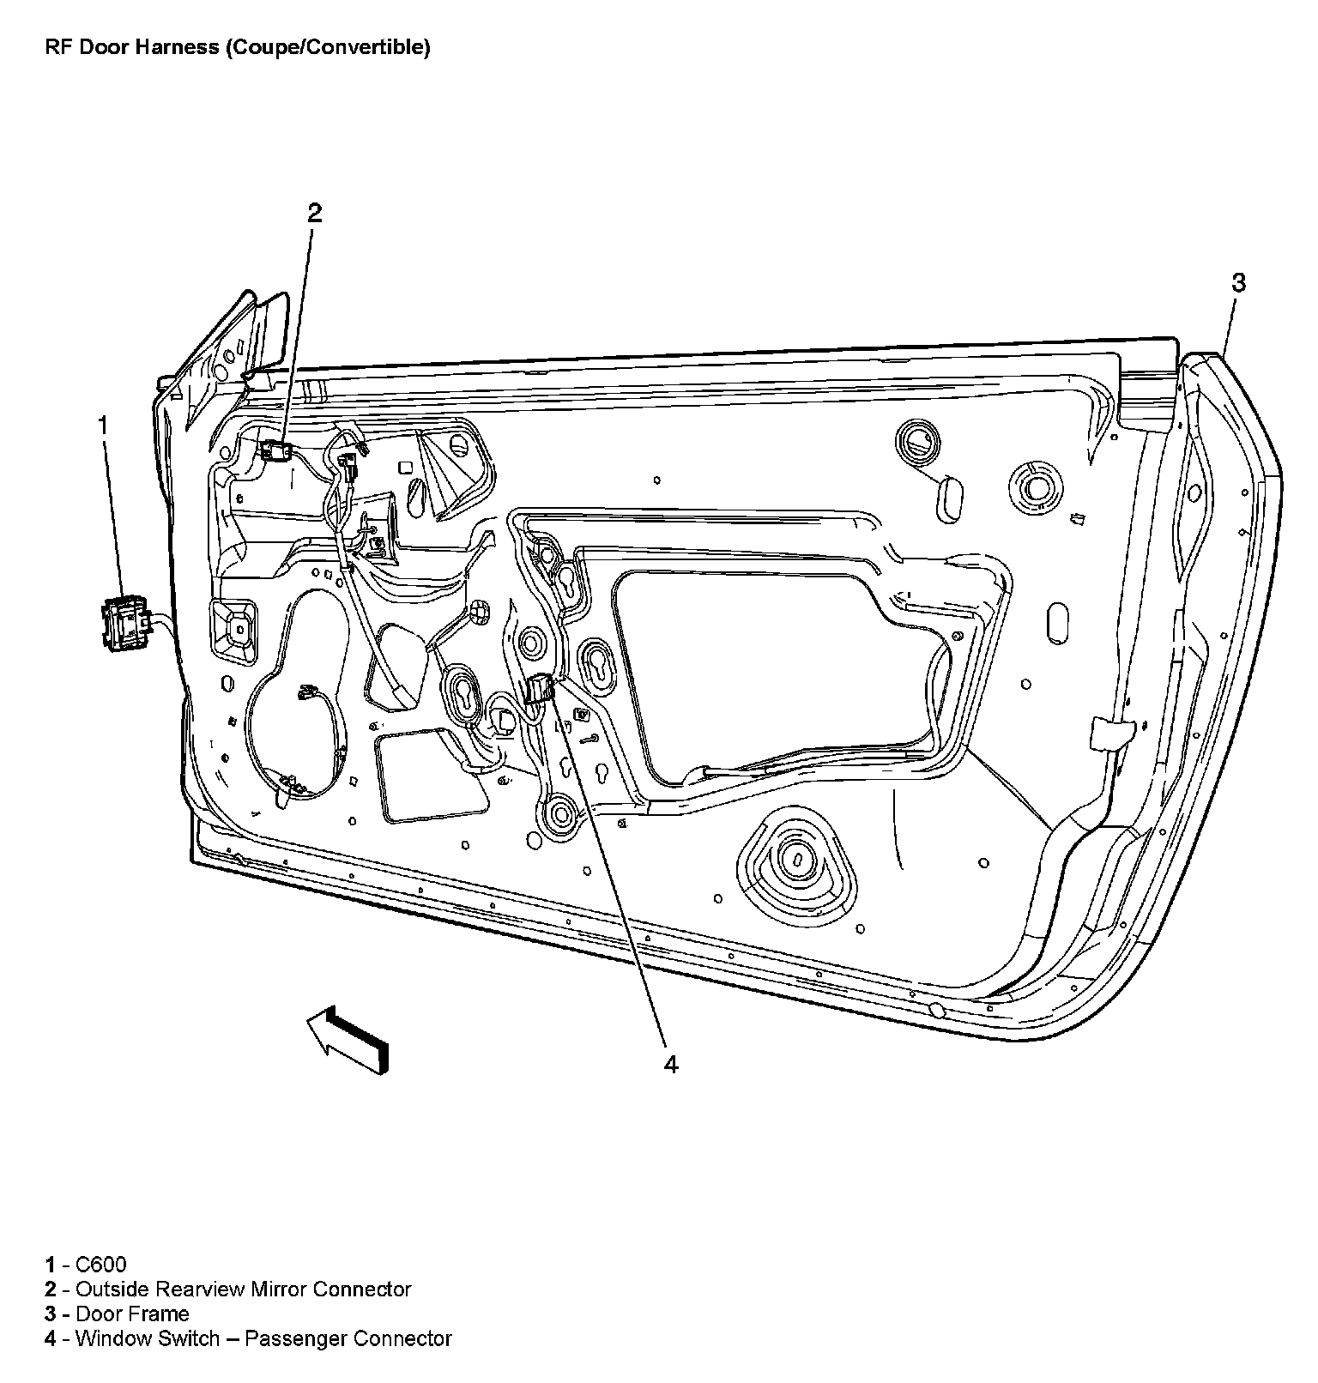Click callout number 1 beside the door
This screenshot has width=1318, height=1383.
pos(103,426)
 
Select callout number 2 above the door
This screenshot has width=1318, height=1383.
pos(315,213)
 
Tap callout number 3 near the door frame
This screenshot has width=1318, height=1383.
pos(1238,282)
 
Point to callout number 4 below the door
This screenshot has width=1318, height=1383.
pos(671,1065)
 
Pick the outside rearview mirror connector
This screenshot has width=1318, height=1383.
pos(275,450)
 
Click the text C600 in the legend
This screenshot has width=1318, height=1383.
pos(101,1264)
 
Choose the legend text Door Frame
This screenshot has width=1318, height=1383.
pos(132,1314)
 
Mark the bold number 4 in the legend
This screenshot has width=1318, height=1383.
pos(51,1338)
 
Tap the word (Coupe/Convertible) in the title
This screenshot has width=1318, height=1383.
pos(328,47)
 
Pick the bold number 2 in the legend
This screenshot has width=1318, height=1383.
pos(51,1289)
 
